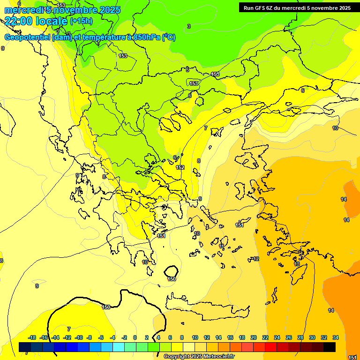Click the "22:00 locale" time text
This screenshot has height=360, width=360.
(x=36, y=20)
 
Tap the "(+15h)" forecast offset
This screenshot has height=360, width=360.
(x=81, y=21)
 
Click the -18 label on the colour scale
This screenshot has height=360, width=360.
(x=32, y=337)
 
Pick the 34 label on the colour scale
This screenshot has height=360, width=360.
(x=336, y=337)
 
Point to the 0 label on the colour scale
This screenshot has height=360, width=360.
(x=135, y=337)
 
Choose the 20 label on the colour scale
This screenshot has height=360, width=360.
(x=254, y=337)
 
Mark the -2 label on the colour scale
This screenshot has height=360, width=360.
(x=124, y=337)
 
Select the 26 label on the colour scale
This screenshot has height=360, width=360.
(x=289, y=337)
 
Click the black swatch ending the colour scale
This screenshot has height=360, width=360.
(x=330, y=347)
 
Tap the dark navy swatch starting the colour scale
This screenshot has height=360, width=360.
(x=25, y=347)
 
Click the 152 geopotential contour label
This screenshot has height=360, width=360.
(x=180, y=167)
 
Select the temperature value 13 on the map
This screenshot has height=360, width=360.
(x=297, y=264)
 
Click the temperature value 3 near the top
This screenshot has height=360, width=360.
(x=189, y=26)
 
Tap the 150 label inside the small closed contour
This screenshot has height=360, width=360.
(x=172, y=279)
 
